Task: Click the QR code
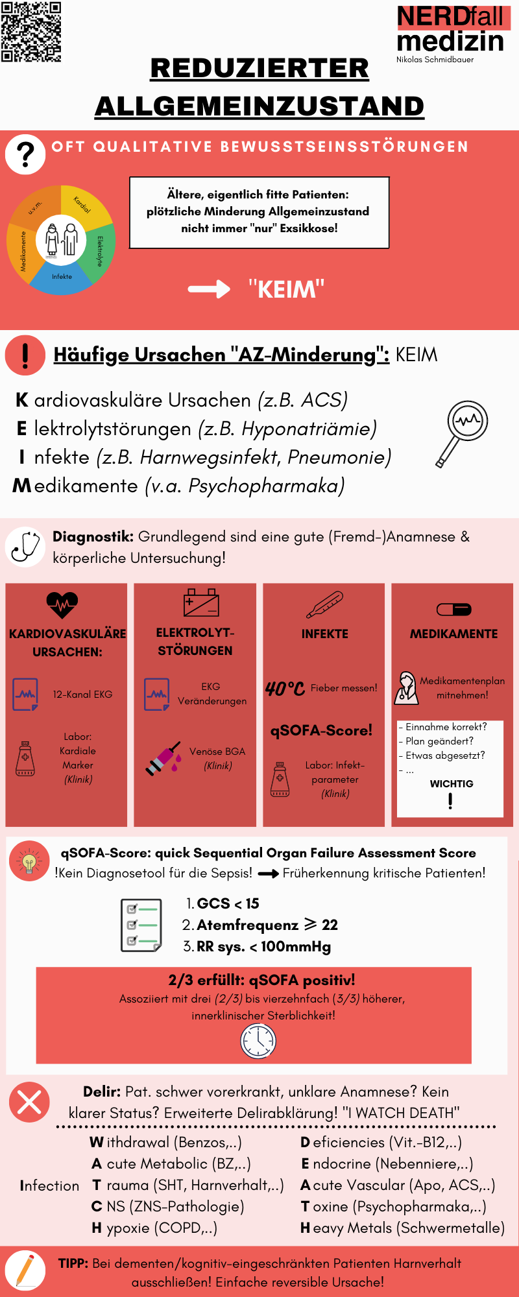click(31, 31)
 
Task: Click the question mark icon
click(25, 154)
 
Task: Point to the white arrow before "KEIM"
click(209, 289)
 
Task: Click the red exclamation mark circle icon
click(25, 355)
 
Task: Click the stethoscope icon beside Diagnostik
click(25, 547)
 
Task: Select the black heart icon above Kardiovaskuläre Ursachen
click(62, 605)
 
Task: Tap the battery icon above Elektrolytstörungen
click(201, 602)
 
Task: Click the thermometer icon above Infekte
click(324, 604)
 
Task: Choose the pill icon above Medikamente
click(454, 610)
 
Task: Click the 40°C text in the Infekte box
click(285, 688)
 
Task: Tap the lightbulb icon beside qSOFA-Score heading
click(29, 861)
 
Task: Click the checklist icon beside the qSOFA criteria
click(141, 925)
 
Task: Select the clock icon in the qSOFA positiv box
click(258, 1041)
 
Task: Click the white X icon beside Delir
click(29, 1102)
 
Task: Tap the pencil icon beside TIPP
click(25, 1270)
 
